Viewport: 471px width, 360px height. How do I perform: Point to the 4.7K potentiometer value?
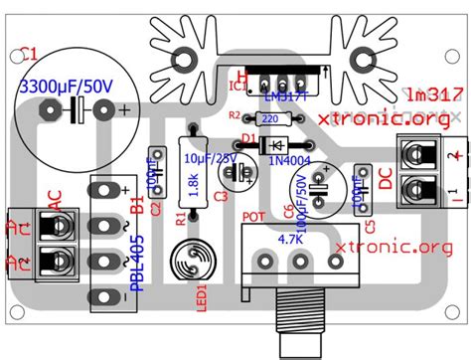290,240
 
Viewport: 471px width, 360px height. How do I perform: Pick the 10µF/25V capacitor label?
209,158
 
